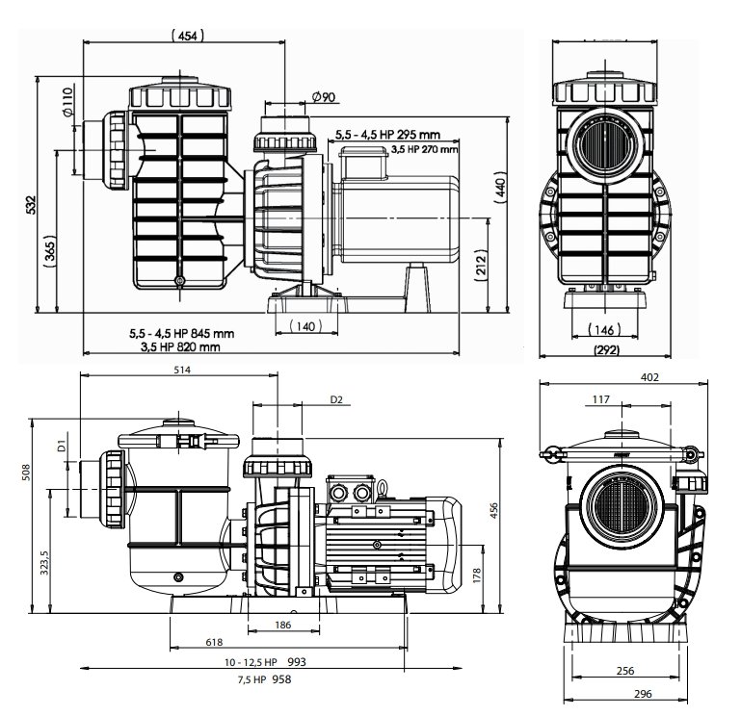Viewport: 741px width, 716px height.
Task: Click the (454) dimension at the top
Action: [188, 36]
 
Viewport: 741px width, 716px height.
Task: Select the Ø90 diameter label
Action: [324, 96]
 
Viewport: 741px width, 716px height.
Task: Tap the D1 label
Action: [60, 445]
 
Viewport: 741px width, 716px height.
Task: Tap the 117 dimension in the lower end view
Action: [601, 399]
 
